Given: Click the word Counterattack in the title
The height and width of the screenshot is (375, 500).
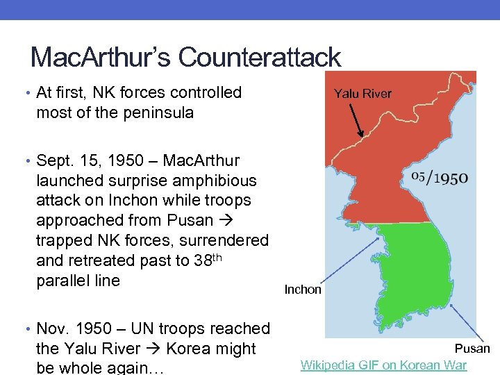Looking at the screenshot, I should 259,58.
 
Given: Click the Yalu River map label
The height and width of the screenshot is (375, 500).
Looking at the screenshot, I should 362,94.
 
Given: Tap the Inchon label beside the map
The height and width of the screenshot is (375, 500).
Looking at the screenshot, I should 303,290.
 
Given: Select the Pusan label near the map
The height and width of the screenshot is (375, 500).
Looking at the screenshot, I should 472,349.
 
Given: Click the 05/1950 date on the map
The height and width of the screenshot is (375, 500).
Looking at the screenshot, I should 440,177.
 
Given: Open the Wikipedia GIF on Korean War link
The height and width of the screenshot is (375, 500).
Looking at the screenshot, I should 383,365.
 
